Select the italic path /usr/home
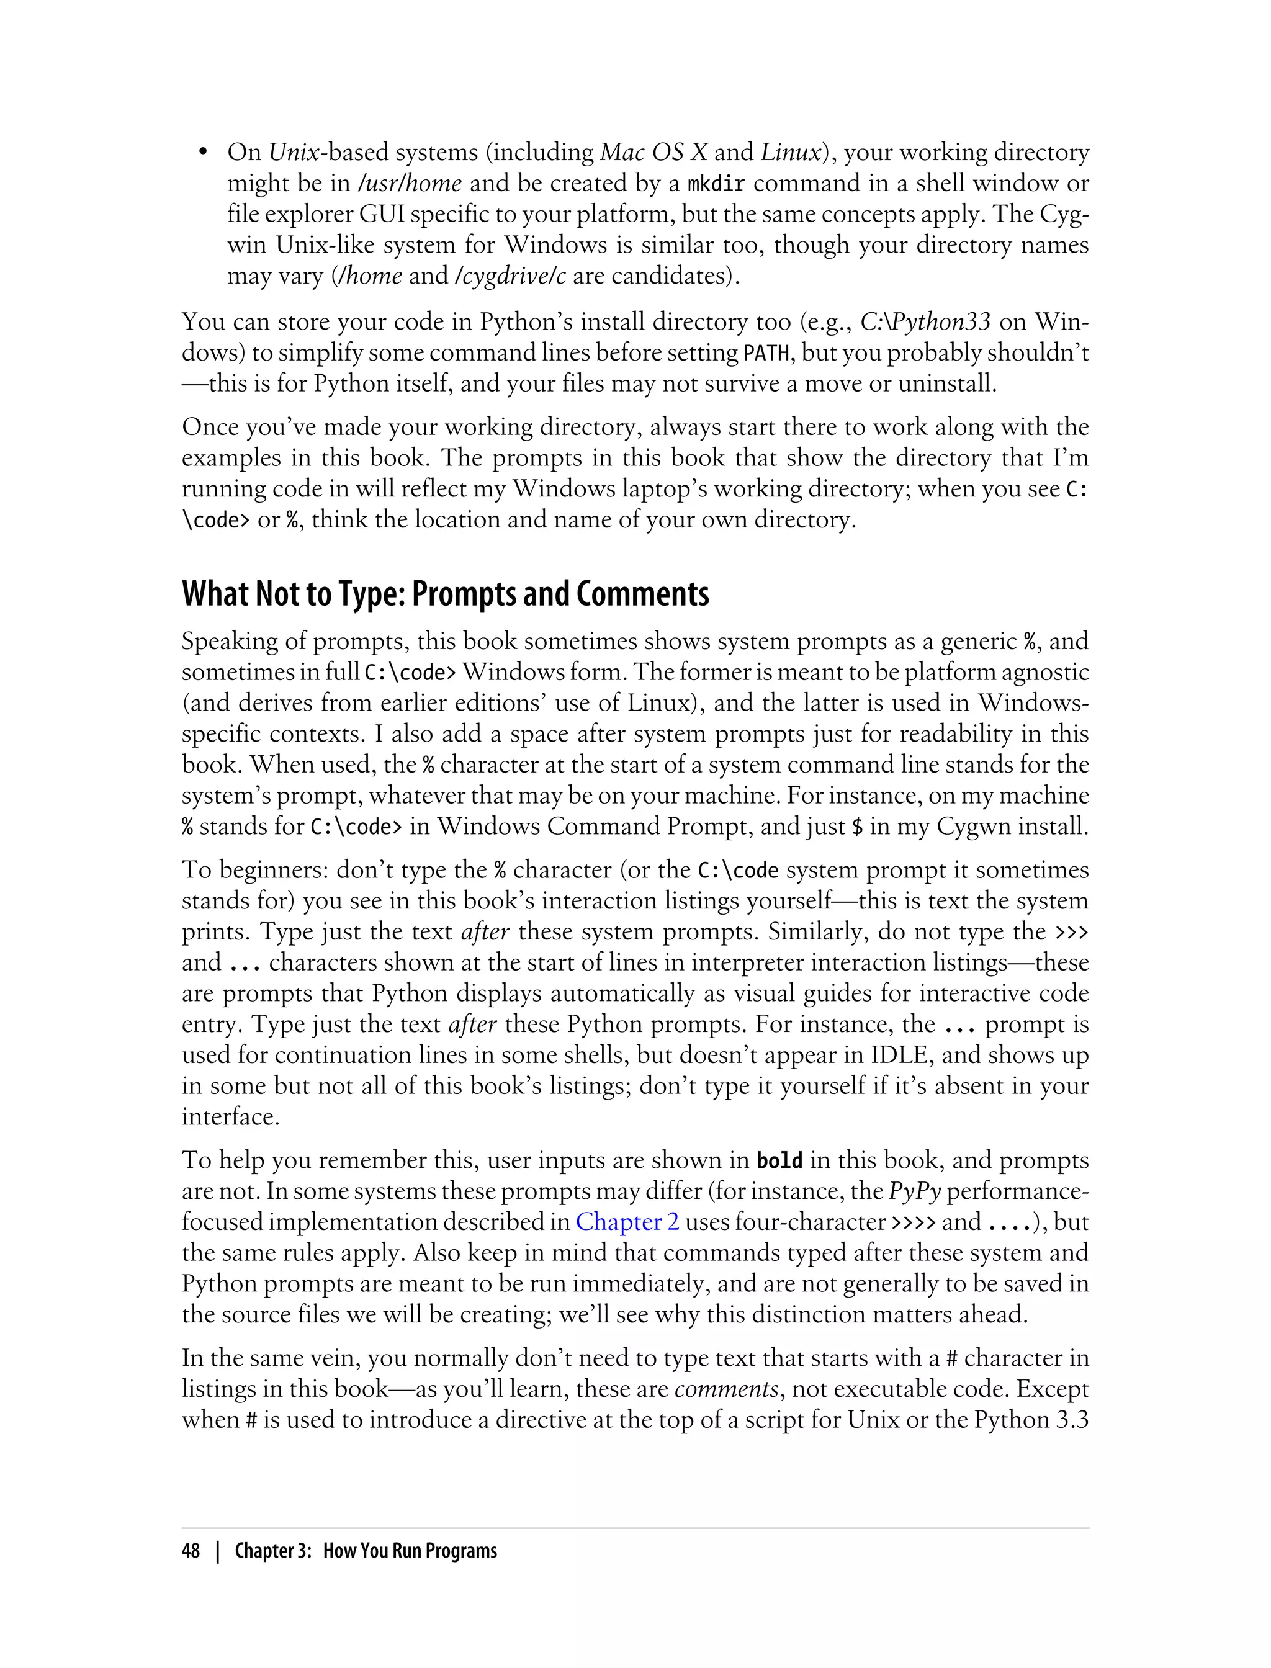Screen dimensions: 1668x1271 [x=410, y=184]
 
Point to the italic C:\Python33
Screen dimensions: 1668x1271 [x=925, y=322]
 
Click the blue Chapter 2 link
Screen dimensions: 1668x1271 [x=627, y=1222]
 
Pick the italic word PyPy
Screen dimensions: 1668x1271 [x=914, y=1191]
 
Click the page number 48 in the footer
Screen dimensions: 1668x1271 [x=191, y=1551]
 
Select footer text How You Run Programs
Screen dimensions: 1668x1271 [x=410, y=1551]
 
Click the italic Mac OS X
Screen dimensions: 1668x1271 [x=653, y=153]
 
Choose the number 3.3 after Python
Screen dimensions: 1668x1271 [x=1071, y=1420]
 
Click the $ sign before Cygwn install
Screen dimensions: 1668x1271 [x=857, y=826]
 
